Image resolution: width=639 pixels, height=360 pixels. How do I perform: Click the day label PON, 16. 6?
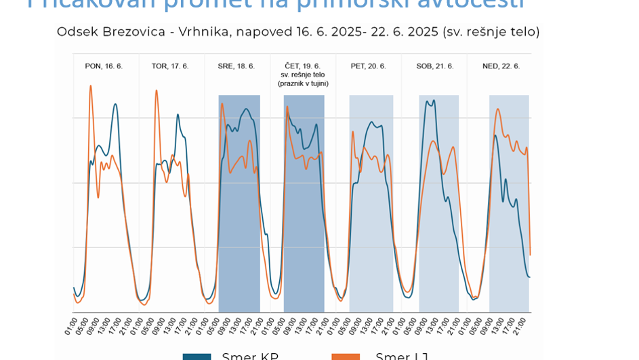[104, 66]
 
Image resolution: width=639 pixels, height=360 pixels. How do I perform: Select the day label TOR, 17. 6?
[170, 66]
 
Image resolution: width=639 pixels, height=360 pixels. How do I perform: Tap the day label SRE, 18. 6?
[236, 66]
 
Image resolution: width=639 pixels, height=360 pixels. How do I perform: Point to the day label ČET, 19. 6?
[302, 66]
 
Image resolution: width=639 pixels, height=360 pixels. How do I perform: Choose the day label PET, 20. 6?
[368, 66]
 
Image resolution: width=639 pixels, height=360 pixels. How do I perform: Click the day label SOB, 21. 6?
[434, 66]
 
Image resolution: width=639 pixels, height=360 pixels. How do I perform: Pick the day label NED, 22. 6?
[501, 66]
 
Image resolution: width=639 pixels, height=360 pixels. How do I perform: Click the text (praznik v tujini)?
[303, 83]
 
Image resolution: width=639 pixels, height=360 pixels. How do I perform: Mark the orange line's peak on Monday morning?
[91, 86]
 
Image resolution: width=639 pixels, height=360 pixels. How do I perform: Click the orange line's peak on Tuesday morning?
[157, 91]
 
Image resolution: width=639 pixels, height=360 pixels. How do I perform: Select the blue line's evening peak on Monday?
[115, 104]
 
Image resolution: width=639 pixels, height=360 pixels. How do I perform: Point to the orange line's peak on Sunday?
[498, 109]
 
